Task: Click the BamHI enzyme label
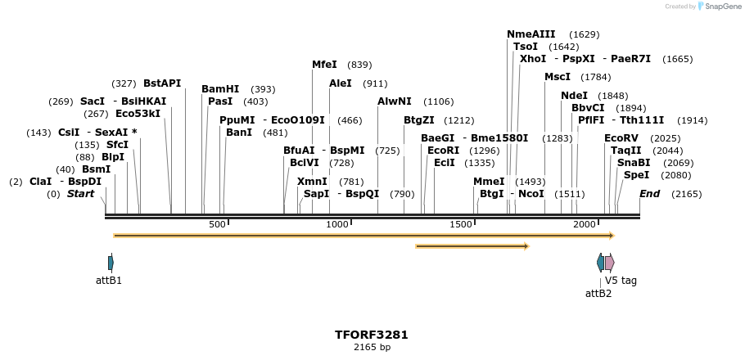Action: coord(220,89)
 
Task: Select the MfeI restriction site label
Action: coord(324,65)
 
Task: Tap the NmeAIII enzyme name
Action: coord(531,34)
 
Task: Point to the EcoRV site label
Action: coord(621,138)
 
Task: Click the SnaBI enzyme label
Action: coord(634,163)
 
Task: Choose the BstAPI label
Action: coord(162,83)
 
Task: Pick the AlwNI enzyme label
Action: coord(394,101)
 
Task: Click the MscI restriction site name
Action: coord(558,77)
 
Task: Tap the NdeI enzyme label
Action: coord(574,96)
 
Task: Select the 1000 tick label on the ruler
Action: coord(338,225)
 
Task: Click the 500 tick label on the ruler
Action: coord(217,225)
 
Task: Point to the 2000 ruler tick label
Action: coord(585,225)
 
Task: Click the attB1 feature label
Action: coord(109,281)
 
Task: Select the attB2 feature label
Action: coord(598,294)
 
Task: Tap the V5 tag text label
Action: coord(621,281)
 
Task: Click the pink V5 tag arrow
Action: coord(610,263)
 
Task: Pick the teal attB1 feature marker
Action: coord(111,263)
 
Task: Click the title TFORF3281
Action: coord(372,335)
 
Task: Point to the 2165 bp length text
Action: coord(372,348)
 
